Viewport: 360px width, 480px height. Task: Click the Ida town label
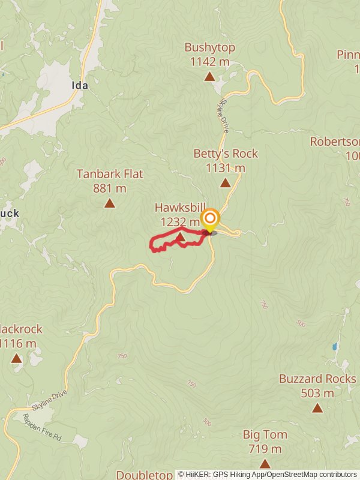coord(80,85)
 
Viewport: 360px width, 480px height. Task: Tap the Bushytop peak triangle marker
coord(209,76)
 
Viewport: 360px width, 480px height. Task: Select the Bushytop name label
coord(209,47)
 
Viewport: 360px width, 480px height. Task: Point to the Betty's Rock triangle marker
coord(225,183)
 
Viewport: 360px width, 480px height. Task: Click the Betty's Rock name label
coord(225,154)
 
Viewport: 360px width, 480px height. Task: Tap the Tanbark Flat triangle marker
coord(109,203)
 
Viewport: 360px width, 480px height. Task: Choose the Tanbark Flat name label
coord(110,174)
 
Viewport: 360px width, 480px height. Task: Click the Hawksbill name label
coord(180,208)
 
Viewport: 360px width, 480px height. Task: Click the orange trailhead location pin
coord(210,219)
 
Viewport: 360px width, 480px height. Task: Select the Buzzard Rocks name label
coord(317,379)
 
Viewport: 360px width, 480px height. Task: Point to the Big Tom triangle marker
coord(265,464)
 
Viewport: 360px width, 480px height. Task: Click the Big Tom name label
coord(265,434)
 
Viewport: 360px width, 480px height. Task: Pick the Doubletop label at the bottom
coord(145,475)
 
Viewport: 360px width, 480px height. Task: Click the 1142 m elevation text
coord(209,61)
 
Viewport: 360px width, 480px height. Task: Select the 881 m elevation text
coord(110,188)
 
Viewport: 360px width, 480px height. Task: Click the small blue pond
coord(334,347)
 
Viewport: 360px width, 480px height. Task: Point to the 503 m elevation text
coord(317,394)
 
